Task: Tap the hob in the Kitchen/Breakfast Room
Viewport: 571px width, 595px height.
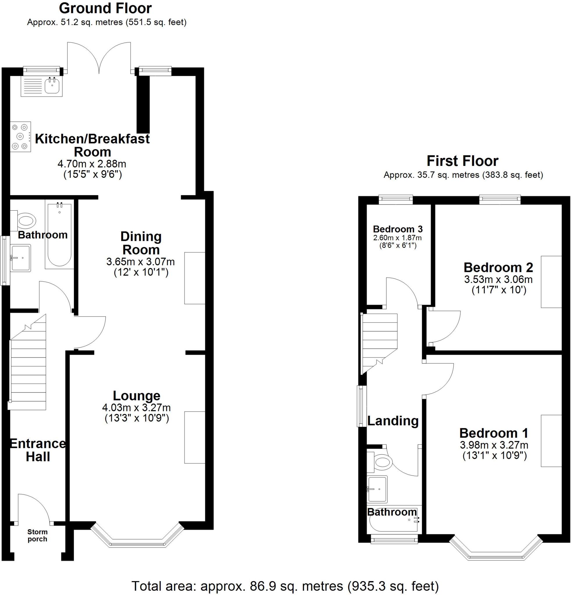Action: (21, 137)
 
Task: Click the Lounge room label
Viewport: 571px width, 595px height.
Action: (136, 396)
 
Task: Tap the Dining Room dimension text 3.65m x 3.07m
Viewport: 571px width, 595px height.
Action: (140, 261)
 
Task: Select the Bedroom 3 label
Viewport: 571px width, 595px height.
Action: (397, 229)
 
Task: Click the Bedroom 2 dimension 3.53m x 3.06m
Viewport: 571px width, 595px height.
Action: (498, 279)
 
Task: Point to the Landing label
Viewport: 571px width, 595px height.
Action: (393, 421)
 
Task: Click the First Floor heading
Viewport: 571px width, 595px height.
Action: (462, 161)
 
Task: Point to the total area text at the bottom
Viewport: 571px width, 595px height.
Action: (285, 585)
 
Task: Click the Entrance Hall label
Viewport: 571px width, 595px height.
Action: (38, 450)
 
